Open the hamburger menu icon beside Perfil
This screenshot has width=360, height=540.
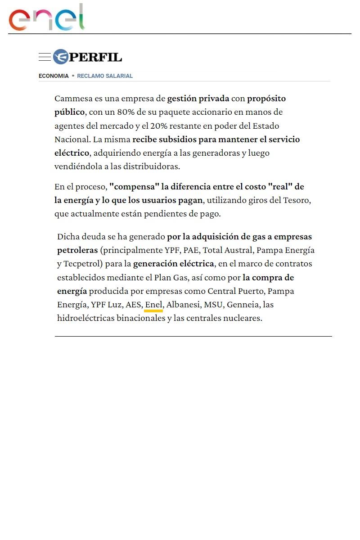[45, 57]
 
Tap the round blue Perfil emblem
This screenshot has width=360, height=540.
[60, 57]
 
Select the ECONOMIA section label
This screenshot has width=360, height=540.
[54, 76]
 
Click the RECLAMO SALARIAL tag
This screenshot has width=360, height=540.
[105, 76]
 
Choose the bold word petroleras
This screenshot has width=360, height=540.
[74, 250]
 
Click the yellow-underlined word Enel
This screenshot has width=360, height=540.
[153, 305]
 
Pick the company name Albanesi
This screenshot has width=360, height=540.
[183, 305]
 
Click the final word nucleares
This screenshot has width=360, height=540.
[243, 318]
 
